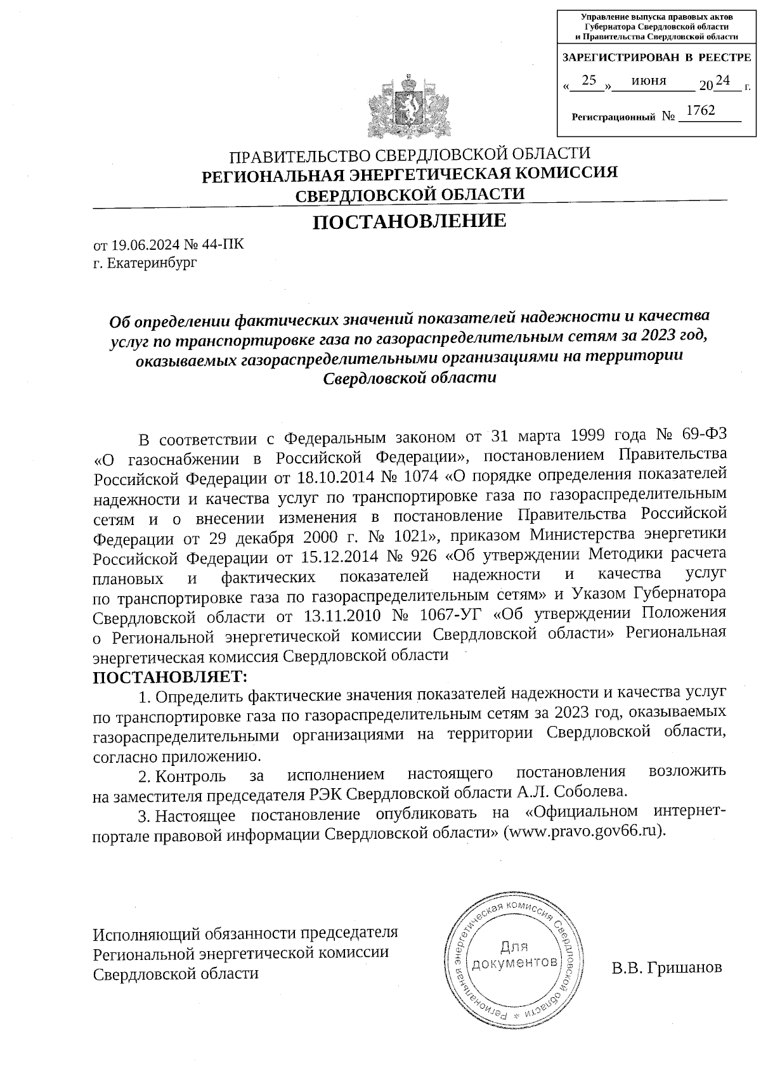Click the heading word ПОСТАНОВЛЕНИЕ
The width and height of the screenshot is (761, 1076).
[410, 221]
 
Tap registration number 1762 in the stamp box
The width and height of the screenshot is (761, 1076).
[700, 111]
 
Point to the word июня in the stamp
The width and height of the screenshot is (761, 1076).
[649, 81]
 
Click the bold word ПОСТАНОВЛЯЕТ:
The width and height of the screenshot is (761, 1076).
[169, 678]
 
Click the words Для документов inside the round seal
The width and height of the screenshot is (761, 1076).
[514, 955]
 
